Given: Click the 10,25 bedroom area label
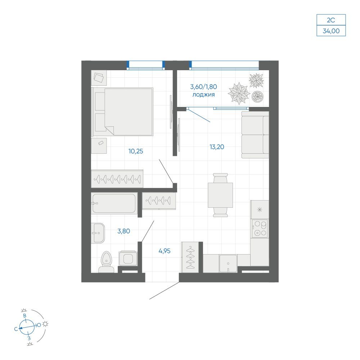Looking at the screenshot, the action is [136, 151].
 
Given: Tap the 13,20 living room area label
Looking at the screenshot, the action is [217, 147].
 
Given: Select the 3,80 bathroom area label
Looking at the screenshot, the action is [124, 231].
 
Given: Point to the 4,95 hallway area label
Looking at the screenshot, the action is [165, 251].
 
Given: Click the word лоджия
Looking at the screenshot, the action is [203, 95].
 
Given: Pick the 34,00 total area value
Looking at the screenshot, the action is [331, 31].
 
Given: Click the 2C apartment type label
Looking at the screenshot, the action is [331, 20].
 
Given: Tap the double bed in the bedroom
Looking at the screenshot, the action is [122, 112].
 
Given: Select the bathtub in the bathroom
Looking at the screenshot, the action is [114, 203].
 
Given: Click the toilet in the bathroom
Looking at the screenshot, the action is [106, 262].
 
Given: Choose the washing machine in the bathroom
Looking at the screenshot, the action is [128, 258].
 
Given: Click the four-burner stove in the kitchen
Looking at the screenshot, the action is [260, 229].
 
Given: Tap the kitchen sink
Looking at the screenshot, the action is [228, 264].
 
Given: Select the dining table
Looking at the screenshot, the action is [220, 195].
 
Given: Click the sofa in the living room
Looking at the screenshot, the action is [255, 135].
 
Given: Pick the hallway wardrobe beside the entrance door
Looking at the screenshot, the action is [190, 257].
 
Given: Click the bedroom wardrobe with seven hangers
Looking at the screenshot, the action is [117, 179].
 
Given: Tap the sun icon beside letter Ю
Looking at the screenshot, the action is [45, 324].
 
